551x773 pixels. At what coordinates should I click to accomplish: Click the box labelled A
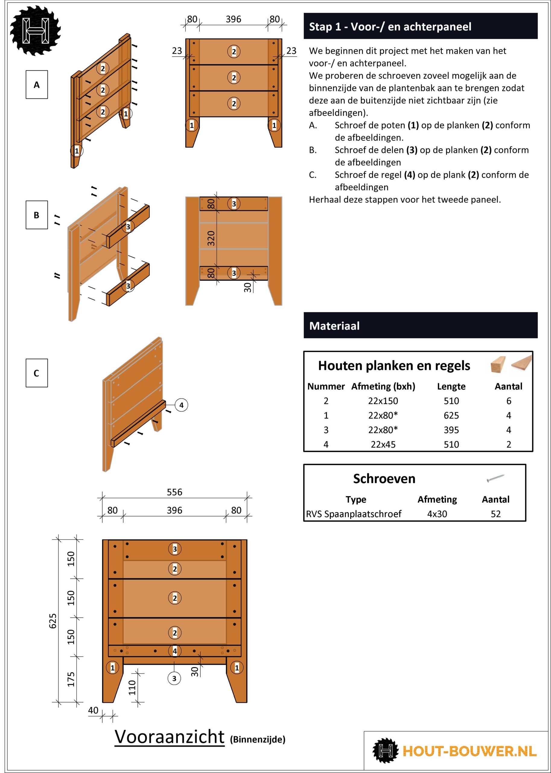coord(37,85)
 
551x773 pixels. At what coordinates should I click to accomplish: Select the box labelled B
coord(37,215)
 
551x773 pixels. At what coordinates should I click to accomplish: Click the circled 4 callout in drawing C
coord(182,405)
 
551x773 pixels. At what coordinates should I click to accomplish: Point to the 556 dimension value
coord(174,492)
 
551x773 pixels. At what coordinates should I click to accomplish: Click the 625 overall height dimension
coord(53,621)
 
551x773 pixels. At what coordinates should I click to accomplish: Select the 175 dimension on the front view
coord(71,679)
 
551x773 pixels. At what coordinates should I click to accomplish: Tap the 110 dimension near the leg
coord(132,688)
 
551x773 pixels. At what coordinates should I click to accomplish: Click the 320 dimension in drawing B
coord(211,238)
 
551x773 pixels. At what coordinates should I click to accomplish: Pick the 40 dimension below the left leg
coord(93,710)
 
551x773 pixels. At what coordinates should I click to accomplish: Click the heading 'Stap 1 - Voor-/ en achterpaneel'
coord(390,27)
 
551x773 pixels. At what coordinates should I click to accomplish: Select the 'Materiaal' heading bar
coord(420,326)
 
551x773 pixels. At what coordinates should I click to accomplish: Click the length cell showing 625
coord(451,415)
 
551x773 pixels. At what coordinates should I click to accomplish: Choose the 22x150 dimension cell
coord(383,401)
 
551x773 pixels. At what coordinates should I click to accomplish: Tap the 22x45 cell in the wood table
coord(383,444)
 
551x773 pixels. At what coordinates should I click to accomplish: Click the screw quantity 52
coord(496,514)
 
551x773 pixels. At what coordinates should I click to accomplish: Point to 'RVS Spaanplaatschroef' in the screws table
coord(354,514)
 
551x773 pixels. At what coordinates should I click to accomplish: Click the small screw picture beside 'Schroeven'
coord(495,478)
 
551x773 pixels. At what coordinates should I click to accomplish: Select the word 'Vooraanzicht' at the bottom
coord(169,737)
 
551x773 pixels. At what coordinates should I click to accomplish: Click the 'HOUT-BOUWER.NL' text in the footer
coord(469,751)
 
